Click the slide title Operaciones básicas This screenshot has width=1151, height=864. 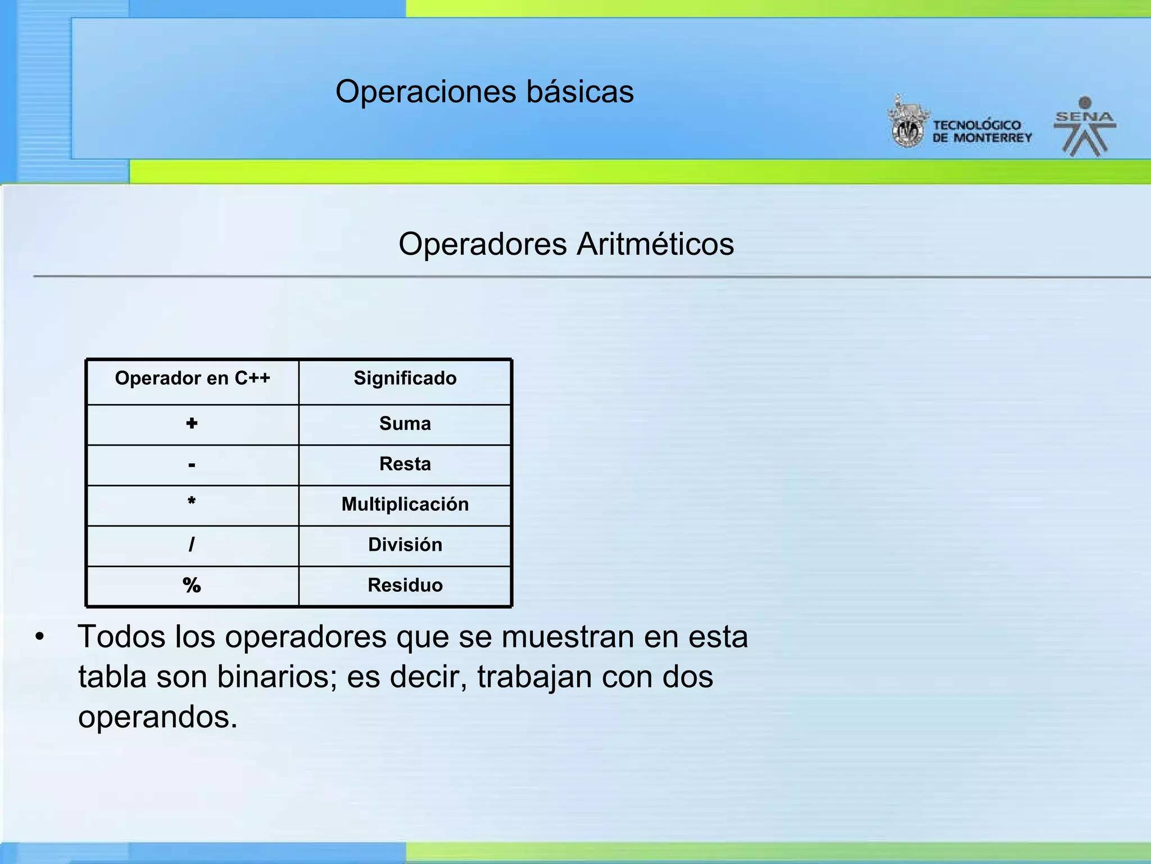point(484,92)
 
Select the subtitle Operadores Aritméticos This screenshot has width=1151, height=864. point(566,244)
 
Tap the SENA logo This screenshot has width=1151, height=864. point(1085,127)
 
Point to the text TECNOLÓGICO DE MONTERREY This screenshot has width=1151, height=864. point(981,132)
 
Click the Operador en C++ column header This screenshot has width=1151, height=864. point(192,379)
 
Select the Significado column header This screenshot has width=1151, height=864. point(405,379)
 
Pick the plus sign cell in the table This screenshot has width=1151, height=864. point(192,424)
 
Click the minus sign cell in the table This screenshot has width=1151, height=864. point(192,465)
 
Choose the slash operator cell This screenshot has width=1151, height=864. point(192,544)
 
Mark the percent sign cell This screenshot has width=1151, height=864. point(192,586)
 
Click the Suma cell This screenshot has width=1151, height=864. point(405,424)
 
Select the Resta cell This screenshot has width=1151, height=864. point(405,464)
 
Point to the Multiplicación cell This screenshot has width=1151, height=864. point(405,505)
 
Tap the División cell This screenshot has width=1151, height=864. point(405,545)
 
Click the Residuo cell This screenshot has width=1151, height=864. point(405,586)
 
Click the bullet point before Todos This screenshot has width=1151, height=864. point(39,637)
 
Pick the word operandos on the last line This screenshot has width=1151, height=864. point(157,718)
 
